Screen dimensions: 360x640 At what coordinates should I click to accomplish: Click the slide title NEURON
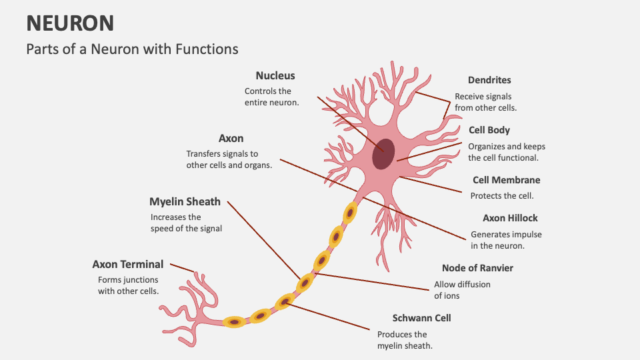click(70, 23)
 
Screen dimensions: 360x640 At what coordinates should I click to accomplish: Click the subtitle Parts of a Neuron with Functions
click(132, 49)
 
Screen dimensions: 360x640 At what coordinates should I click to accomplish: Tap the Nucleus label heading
click(275, 76)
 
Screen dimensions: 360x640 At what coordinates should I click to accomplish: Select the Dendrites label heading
click(489, 80)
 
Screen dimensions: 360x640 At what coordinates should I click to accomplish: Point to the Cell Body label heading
click(489, 131)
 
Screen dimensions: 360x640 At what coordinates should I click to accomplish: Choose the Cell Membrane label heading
click(506, 180)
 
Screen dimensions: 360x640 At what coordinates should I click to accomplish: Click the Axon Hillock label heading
click(510, 218)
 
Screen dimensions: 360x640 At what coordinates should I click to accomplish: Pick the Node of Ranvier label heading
click(477, 268)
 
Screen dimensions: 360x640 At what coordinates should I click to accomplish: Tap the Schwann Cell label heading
click(421, 318)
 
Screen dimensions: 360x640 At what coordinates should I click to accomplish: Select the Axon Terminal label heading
click(127, 265)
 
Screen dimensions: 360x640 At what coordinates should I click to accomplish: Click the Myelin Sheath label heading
click(185, 201)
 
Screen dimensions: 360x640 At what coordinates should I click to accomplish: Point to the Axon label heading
click(231, 139)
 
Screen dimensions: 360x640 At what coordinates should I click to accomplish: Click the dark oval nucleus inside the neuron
click(383, 155)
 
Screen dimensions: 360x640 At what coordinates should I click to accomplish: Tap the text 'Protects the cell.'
click(502, 196)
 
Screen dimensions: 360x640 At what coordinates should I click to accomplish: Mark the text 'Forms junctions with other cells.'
click(128, 285)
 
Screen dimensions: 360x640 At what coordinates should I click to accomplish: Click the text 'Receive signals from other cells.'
click(485, 102)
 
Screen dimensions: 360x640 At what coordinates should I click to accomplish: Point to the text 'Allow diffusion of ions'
click(462, 290)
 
